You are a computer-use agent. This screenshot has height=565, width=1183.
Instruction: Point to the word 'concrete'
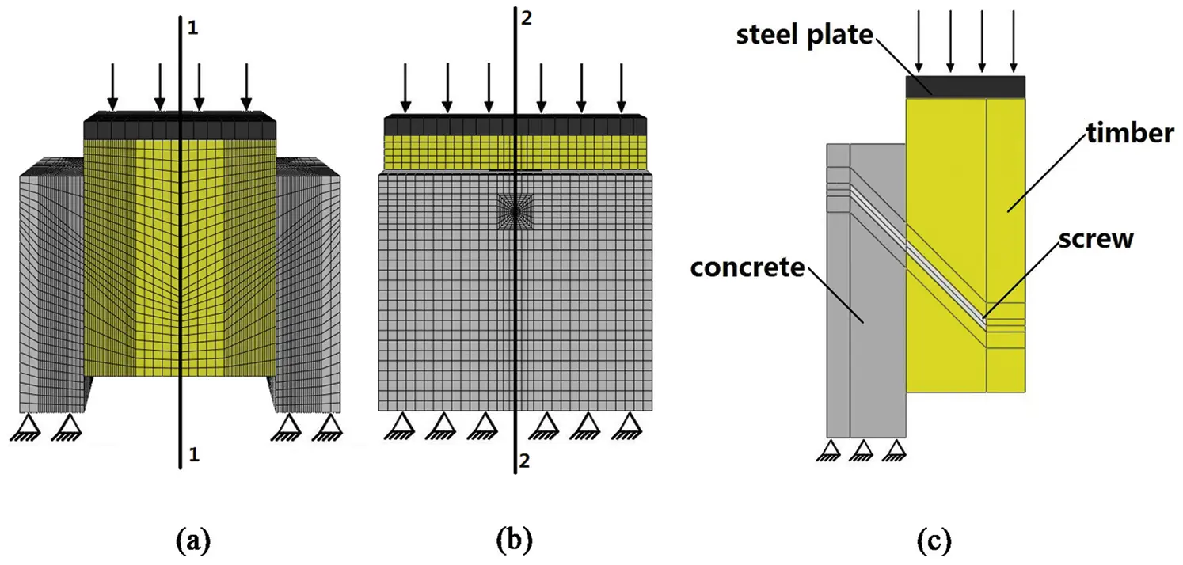pyautogui.click(x=747, y=267)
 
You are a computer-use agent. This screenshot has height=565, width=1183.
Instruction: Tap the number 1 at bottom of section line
pyautogui.click(x=191, y=454)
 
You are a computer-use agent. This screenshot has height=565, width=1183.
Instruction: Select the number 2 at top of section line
pyautogui.click(x=526, y=18)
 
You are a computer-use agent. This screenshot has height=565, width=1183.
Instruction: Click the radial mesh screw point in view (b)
pyautogui.click(x=515, y=212)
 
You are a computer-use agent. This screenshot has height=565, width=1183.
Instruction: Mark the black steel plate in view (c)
pyautogui.click(x=964, y=87)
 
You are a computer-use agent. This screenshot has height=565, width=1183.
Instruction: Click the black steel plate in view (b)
pyautogui.click(x=515, y=125)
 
